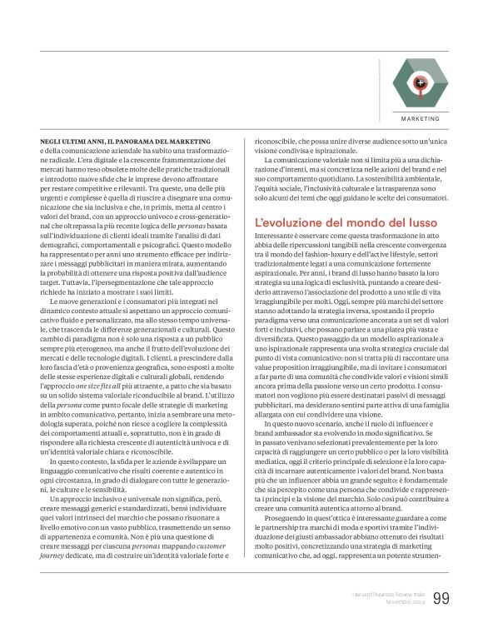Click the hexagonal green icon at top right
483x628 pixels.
point(421,82)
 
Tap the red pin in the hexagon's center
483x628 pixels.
point(421,82)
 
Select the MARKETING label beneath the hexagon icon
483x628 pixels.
point(421,120)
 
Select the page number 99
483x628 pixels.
point(441,598)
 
